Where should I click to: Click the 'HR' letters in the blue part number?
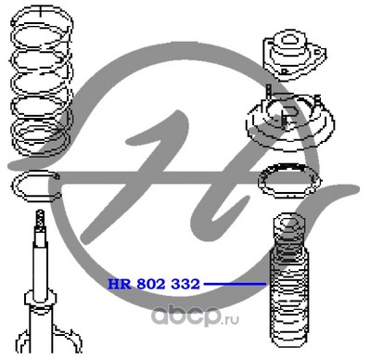coord(120,284)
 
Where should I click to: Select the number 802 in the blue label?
coord(151,284)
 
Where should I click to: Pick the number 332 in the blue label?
coord(185,284)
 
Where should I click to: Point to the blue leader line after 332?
coord(235,283)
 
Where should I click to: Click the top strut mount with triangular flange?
coord(294,55)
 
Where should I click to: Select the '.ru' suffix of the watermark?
coord(231,319)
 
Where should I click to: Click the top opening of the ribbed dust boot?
coord(288,221)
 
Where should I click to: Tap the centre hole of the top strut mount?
coord(288,39)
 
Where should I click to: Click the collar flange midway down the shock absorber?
coord(41,298)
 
